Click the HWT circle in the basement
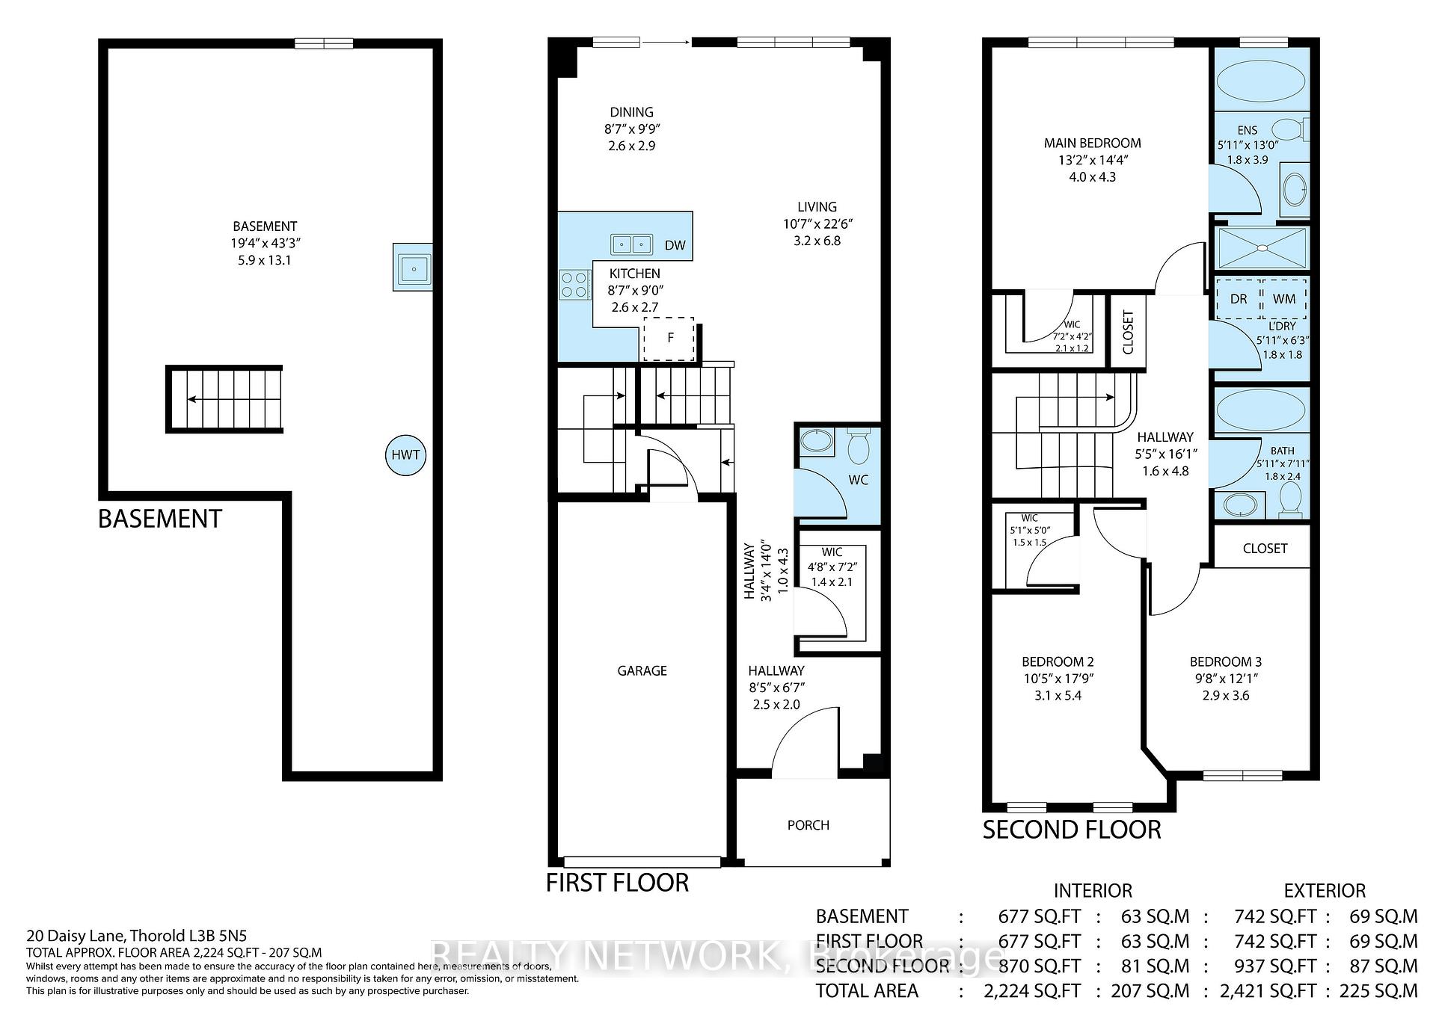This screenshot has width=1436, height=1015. point(405,454)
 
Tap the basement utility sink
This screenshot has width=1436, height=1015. point(412,267)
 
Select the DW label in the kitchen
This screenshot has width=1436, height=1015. point(675,245)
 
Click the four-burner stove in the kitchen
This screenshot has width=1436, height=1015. point(575,285)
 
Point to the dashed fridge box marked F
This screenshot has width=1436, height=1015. point(669,339)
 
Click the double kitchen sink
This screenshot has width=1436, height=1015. point(632,244)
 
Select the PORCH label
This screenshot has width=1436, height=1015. point(808,825)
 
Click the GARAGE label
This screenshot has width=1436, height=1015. point(642,670)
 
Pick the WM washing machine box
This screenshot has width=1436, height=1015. point(1284,299)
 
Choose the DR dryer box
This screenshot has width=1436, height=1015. point(1239,299)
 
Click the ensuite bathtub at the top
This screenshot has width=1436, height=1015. point(1261,81)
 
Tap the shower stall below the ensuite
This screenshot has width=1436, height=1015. point(1261,247)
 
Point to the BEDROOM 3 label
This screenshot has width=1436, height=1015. point(1226,661)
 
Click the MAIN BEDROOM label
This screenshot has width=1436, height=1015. point(1093,143)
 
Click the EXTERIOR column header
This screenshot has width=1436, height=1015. point(1325,891)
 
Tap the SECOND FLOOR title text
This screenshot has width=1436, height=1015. point(1072,830)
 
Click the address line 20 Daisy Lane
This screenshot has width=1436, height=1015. point(137,935)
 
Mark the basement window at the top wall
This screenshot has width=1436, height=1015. point(324,43)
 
